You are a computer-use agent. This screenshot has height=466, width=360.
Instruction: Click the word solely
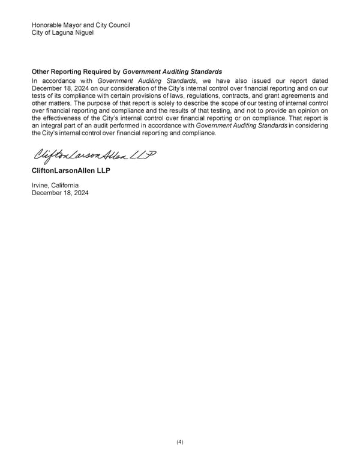[x=183, y=103]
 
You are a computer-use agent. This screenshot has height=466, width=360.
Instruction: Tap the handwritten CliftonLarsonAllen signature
[x=93, y=156]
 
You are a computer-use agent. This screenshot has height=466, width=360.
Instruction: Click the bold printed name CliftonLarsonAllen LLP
[x=71, y=172]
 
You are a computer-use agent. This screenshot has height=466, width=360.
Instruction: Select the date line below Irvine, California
[x=59, y=193]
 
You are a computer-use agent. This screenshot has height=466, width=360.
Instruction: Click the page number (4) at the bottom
[x=180, y=442]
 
